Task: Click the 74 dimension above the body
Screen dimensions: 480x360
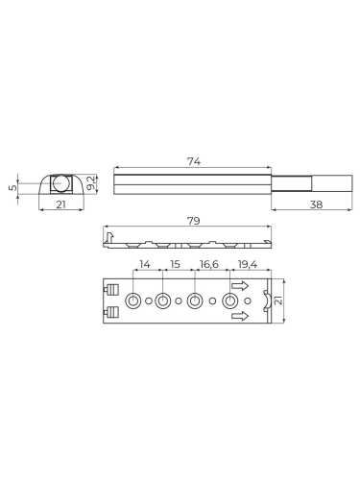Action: pos(193,163)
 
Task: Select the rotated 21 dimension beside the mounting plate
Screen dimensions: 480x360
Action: pos(279,301)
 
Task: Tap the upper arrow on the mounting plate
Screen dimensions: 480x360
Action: pos(240,286)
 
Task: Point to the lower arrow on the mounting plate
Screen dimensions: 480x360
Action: pos(240,317)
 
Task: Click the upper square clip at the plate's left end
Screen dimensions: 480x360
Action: pos(112,291)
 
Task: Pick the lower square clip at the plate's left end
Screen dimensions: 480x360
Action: pos(112,311)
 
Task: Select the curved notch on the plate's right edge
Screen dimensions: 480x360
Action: pos(254,301)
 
